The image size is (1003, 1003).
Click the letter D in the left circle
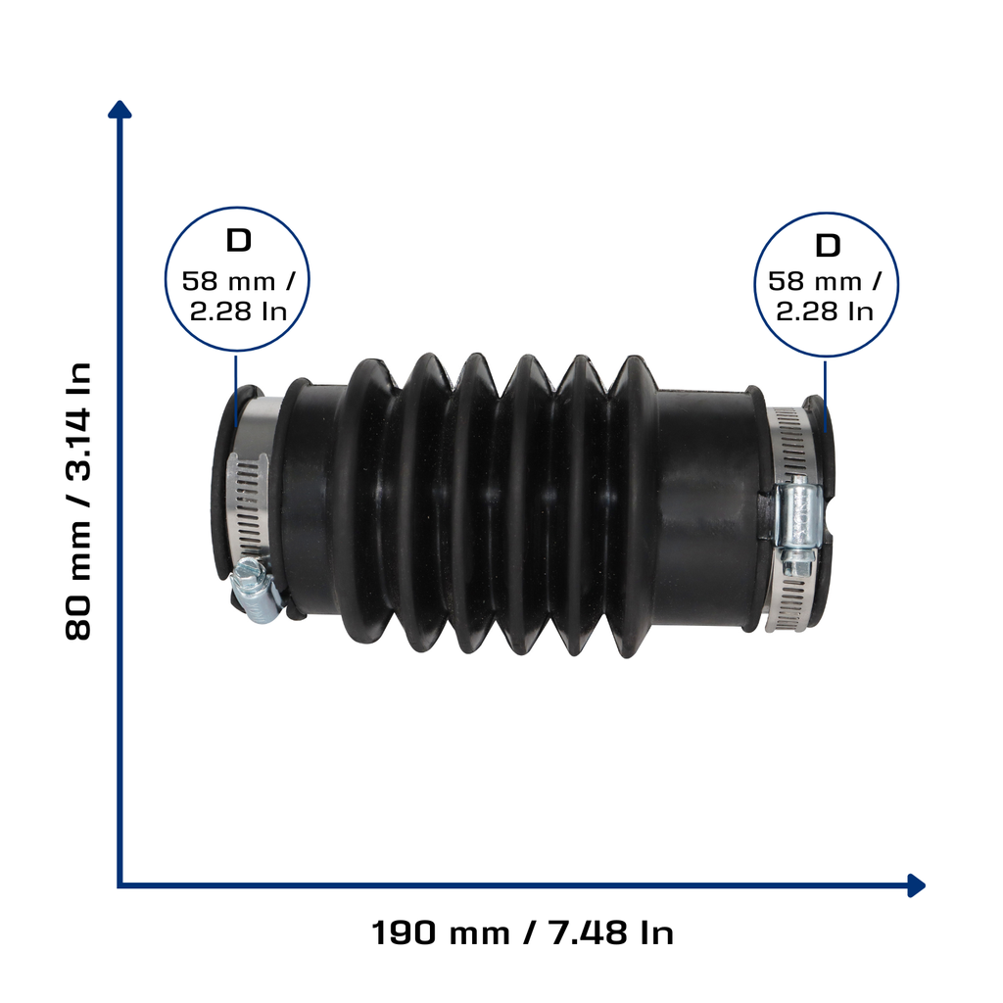click(239, 241)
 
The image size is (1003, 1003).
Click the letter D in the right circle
click(828, 246)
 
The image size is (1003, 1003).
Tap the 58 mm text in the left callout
click(229, 281)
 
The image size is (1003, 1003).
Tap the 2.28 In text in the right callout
click(825, 311)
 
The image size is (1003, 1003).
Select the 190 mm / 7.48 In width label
click(523, 932)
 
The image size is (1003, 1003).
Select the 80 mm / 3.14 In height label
click(78, 501)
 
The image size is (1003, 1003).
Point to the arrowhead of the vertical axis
click(119, 110)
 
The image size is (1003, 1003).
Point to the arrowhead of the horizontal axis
click(916, 885)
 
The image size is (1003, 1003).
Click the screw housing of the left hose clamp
click(256, 589)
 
